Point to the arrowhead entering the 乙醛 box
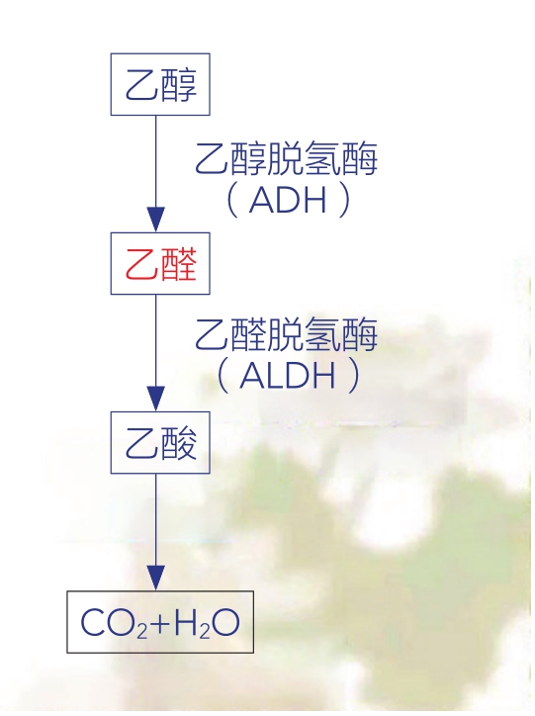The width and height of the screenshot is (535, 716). (x=155, y=220)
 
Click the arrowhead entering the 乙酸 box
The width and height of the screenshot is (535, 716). (x=155, y=399)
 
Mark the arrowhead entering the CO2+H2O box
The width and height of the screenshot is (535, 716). (x=155, y=579)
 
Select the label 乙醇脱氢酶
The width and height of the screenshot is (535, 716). (x=287, y=158)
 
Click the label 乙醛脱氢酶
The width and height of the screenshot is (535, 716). (x=287, y=334)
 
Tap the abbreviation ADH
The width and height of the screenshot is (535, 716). (x=288, y=200)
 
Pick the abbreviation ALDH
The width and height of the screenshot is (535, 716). (x=288, y=376)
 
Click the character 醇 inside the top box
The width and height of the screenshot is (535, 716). (x=178, y=85)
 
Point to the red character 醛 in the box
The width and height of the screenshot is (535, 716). (x=178, y=264)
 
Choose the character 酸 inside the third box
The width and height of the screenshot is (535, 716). (x=178, y=443)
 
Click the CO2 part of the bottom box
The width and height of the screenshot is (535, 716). (x=114, y=623)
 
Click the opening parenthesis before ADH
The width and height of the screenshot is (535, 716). (x=232, y=200)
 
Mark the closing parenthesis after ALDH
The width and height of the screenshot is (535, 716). (x=353, y=376)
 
